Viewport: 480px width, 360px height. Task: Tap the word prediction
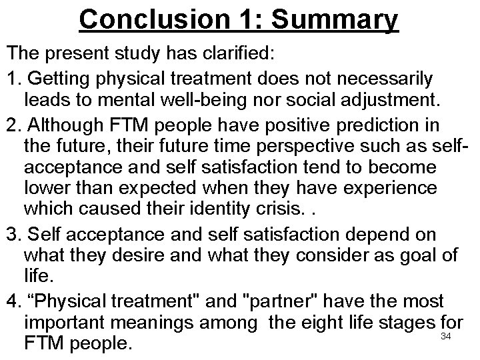click(394, 125)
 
